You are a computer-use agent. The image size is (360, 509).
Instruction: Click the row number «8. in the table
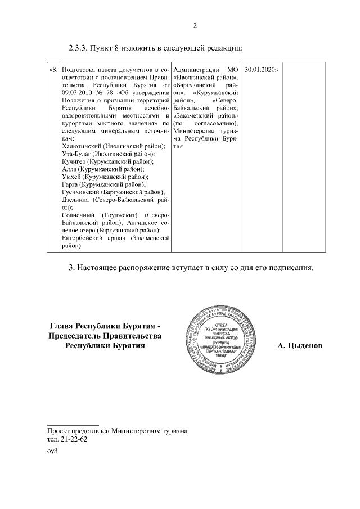(x=53, y=70)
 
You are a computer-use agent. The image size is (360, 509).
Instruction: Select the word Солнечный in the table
(x=78, y=215)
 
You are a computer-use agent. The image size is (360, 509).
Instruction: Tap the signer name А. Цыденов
(x=300, y=345)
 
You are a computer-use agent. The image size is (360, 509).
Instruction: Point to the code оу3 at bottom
(x=53, y=451)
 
